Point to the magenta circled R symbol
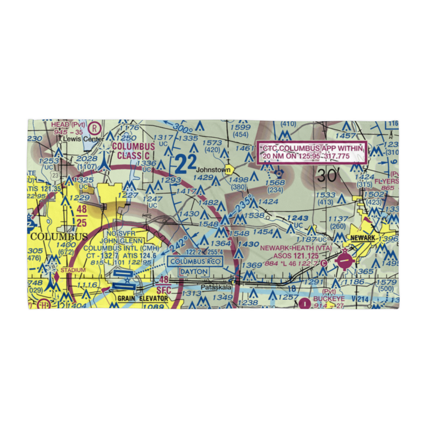point(95,127)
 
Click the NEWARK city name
point(364,238)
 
